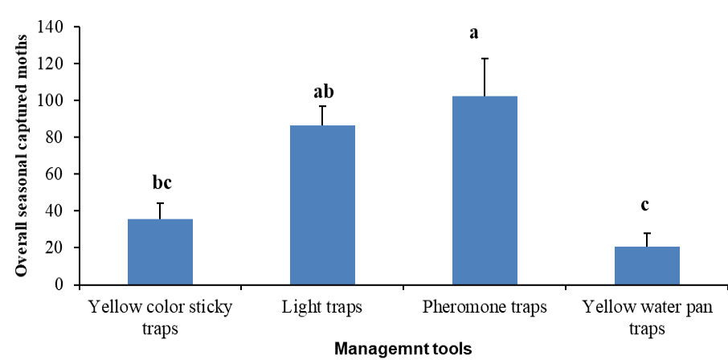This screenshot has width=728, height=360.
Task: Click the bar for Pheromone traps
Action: point(485,190)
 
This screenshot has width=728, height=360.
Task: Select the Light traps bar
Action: point(323,205)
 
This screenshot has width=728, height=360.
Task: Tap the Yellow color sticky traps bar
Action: point(160,252)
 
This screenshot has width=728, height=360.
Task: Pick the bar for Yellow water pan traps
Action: point(647,266)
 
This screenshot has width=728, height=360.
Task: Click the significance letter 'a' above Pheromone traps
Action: point(474,34)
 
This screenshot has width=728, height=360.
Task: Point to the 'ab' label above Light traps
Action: point(324,92)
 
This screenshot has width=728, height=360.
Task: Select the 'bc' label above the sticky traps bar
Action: point(162,182)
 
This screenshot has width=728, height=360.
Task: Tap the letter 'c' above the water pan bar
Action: point(644,206)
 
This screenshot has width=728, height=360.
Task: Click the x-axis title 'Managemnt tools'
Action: point(403,349)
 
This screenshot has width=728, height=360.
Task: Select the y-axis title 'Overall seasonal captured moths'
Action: point(22,156)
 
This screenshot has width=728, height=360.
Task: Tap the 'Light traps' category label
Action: point(321,308)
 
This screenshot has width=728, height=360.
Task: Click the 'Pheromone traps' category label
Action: point(485,308)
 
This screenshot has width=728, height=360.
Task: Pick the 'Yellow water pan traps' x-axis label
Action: point(647,318)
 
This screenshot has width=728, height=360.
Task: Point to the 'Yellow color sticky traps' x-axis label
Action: point(160,318)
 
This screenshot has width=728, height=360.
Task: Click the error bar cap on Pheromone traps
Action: point(485,58)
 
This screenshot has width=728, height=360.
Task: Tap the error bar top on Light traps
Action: point(323,106)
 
